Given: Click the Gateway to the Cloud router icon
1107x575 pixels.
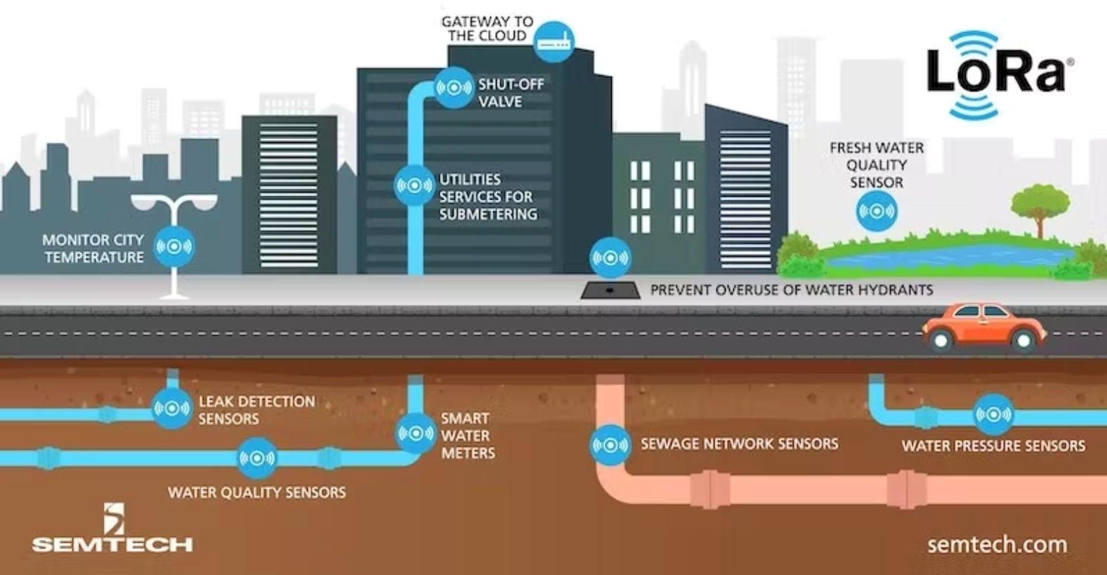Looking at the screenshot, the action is point(554,42).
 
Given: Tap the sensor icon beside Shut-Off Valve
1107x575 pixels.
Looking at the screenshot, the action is point(454,88).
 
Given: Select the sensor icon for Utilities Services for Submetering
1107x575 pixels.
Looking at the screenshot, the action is point(414,186).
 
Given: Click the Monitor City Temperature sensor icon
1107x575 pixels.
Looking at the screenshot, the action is point(174,246).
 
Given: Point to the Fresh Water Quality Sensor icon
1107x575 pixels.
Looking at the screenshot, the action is point(876,211).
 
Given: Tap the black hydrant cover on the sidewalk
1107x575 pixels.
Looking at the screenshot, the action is point(610,291).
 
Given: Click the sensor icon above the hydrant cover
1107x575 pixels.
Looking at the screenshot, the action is point(610,257).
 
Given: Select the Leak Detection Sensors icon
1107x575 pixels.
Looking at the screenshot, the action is point(171,408).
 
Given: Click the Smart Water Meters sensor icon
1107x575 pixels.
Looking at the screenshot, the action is point(416,434).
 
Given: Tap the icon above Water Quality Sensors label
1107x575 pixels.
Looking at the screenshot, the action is point(257,458).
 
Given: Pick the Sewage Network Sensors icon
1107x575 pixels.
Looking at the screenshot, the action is point(610,445).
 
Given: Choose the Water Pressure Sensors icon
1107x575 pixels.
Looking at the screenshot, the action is point(994,414).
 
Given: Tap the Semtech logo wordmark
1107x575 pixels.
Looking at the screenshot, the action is point(112,545).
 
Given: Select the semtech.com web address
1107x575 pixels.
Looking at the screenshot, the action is point(997,545).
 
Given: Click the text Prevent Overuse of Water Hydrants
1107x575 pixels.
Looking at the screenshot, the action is point(792,290).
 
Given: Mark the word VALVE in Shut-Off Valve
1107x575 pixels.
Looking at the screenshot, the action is point(500,102).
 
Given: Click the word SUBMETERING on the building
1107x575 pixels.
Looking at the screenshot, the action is point(488,214).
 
